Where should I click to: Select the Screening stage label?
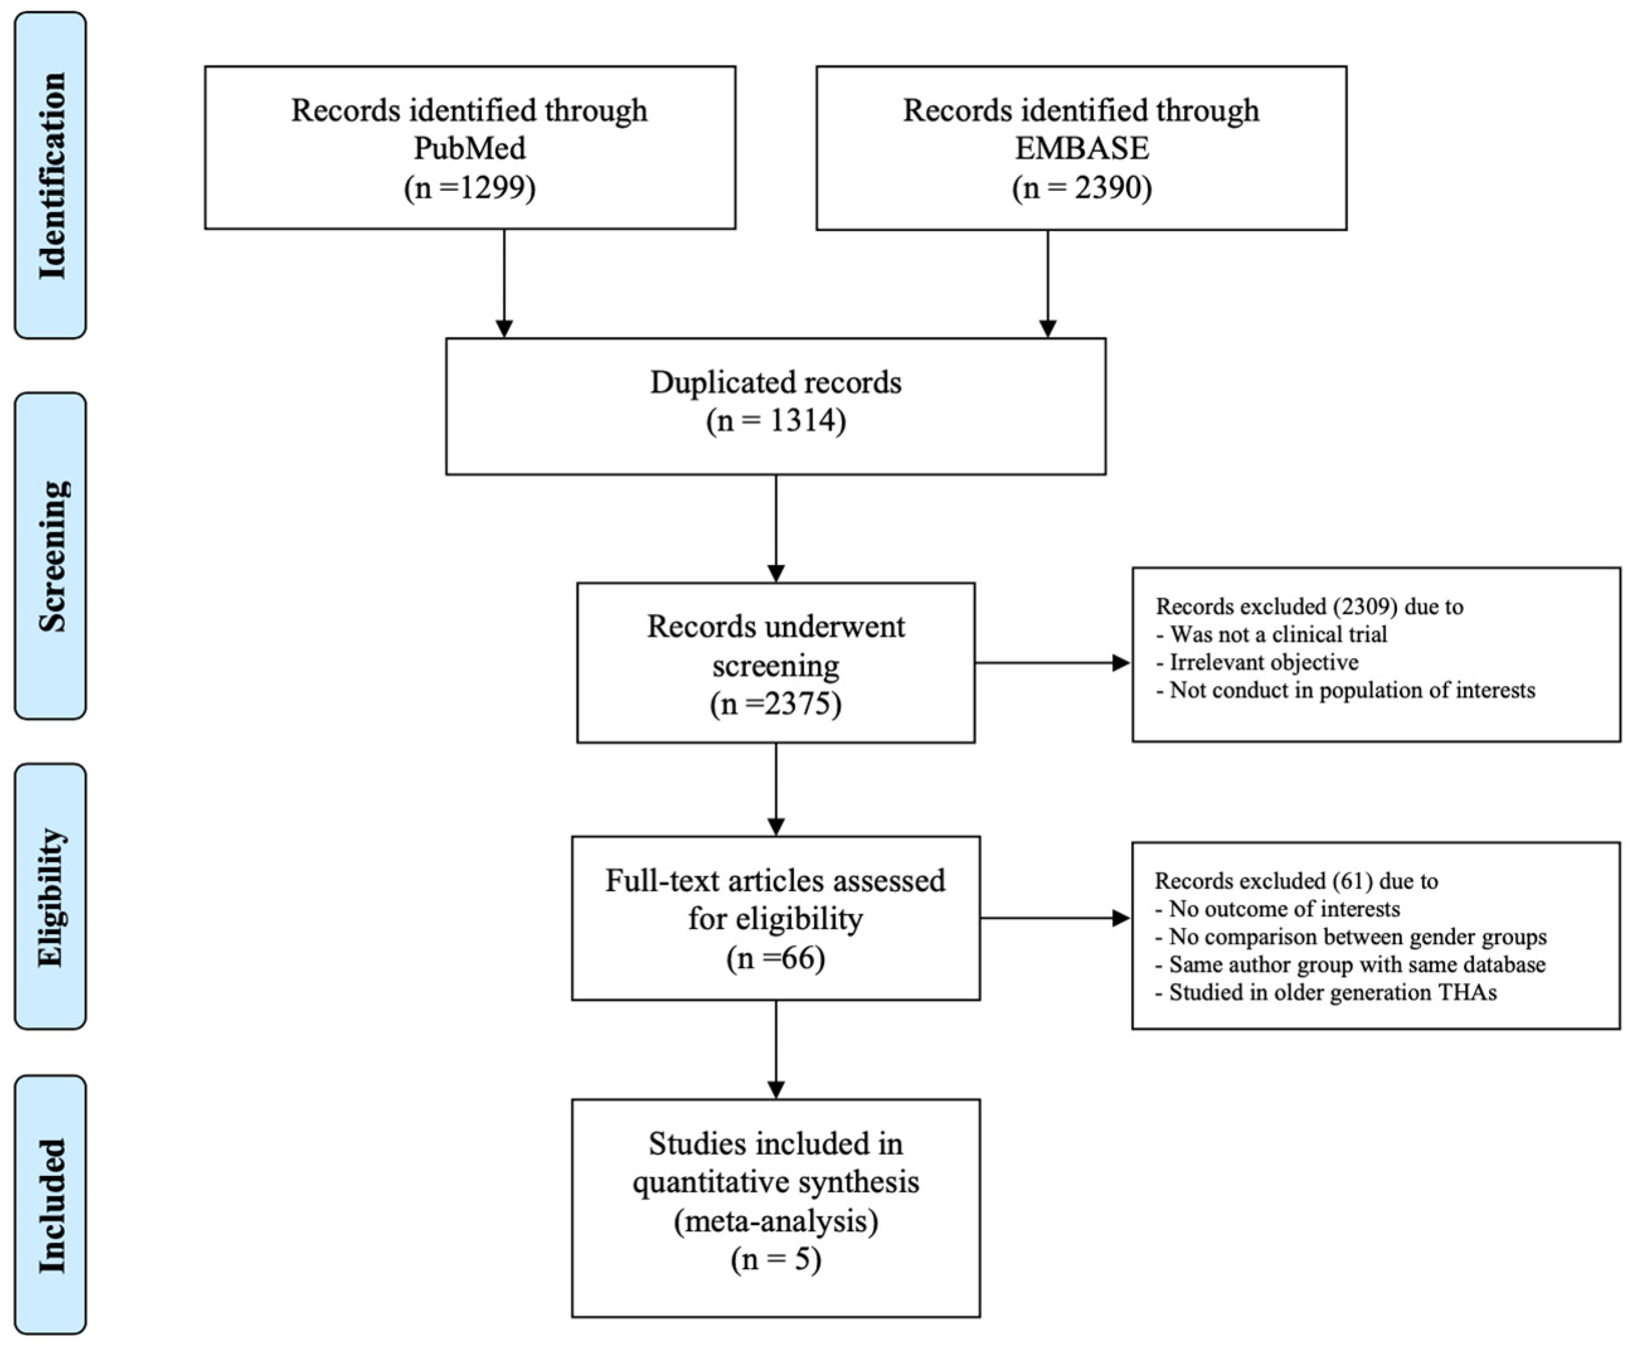coord(52,556)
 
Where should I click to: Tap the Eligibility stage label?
coord(52,897)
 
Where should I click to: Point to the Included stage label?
coord(52,1206)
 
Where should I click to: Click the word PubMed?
coord(469,148)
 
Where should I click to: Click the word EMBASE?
coord(1081,148)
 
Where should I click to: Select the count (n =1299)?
coord(469,187)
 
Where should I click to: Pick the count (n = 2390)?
coord(1081,187)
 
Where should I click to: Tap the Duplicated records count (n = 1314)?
coord(775,421)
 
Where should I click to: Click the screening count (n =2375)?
coord(775,703)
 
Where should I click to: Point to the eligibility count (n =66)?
coord(775,958)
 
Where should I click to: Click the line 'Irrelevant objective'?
coord(1264,662)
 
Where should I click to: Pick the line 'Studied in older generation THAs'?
coord(1332,992)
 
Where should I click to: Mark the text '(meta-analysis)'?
coord(775,1221)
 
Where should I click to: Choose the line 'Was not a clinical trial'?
coord(1278,634)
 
